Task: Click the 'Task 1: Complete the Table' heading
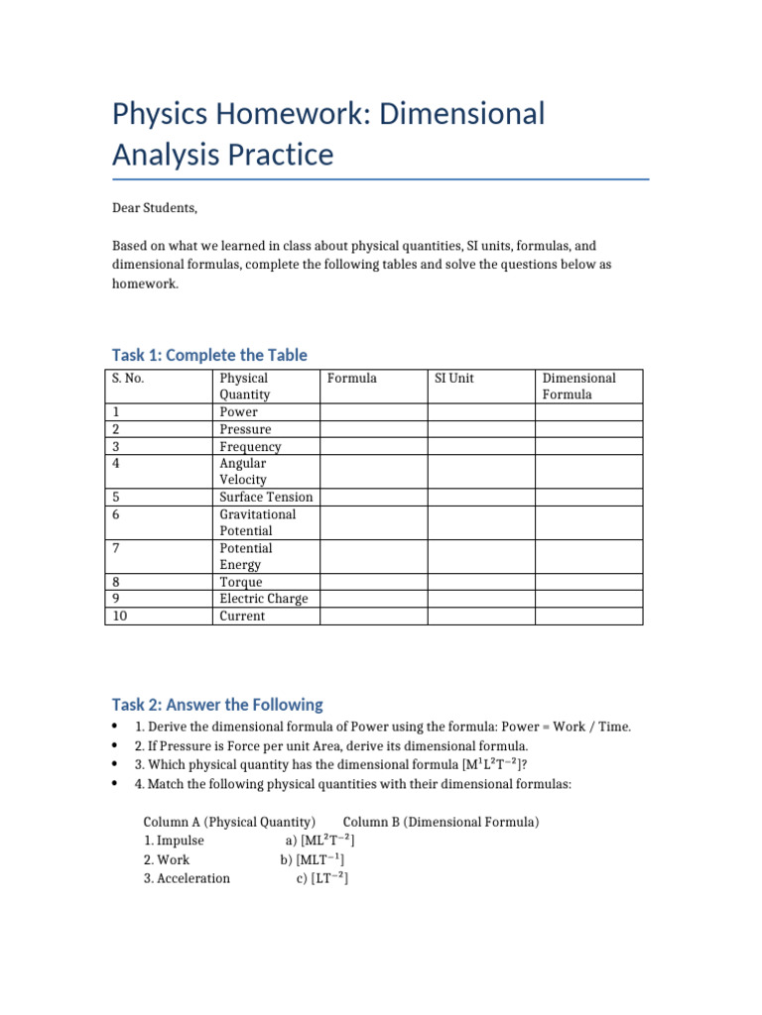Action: [x=209, y=355]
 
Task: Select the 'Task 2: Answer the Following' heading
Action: [x=217, y=705]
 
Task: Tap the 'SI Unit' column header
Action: [x=454, y=378]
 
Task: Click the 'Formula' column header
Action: [x=351, y=378]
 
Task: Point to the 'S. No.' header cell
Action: [x=130, y=378]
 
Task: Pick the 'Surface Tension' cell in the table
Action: [x=265, y=497]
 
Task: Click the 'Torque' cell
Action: [x=241, y=582]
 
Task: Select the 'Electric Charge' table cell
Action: [x=263, y=599]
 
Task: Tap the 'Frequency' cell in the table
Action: [x=250, y=446]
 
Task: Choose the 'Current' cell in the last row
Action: [x=242, y=616]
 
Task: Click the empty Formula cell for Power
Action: [x=373, y=411]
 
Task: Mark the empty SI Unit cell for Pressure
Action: [x=481, y=429]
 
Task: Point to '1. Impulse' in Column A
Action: [x=174, y=841]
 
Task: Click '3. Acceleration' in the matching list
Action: [x=187, y=878]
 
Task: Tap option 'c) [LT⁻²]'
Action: [x=321, y=878]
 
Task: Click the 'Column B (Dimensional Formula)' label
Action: [x=441, y=822]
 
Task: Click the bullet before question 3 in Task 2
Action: [x=117, y=764]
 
